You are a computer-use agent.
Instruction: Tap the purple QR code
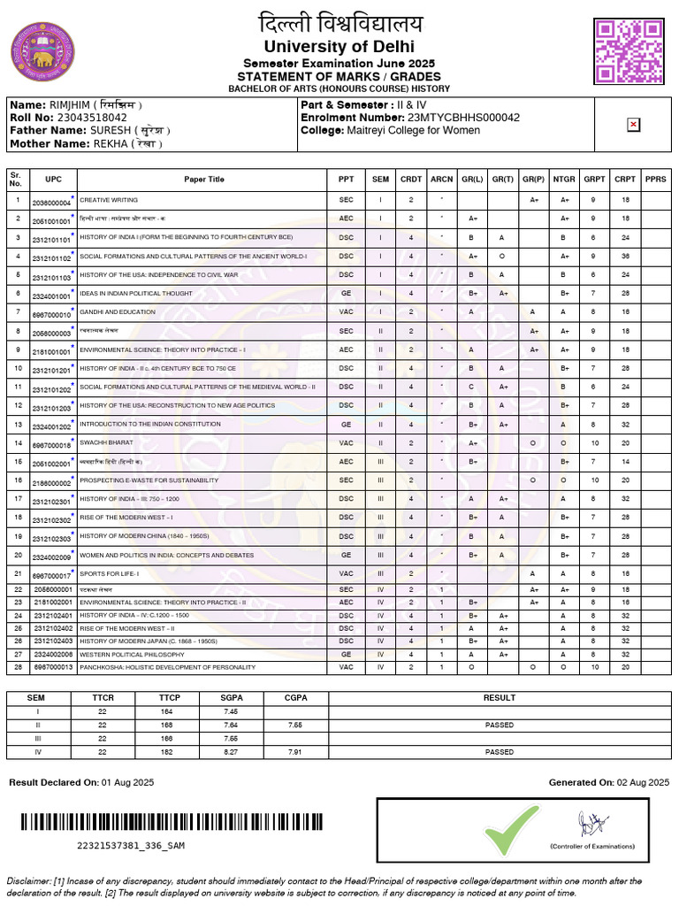click(x=628, y=51)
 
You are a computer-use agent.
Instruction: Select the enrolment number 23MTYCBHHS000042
click(x=463, y=117)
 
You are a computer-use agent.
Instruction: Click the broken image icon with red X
click(x=633, y=126)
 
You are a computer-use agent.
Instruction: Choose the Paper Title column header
click(x=204, y=180)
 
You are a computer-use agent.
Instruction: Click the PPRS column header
click(x=655, y=180)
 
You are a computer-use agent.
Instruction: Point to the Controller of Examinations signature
click(x=591, y=826)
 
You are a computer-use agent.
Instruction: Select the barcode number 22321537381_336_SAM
click(x=131, y=846)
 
